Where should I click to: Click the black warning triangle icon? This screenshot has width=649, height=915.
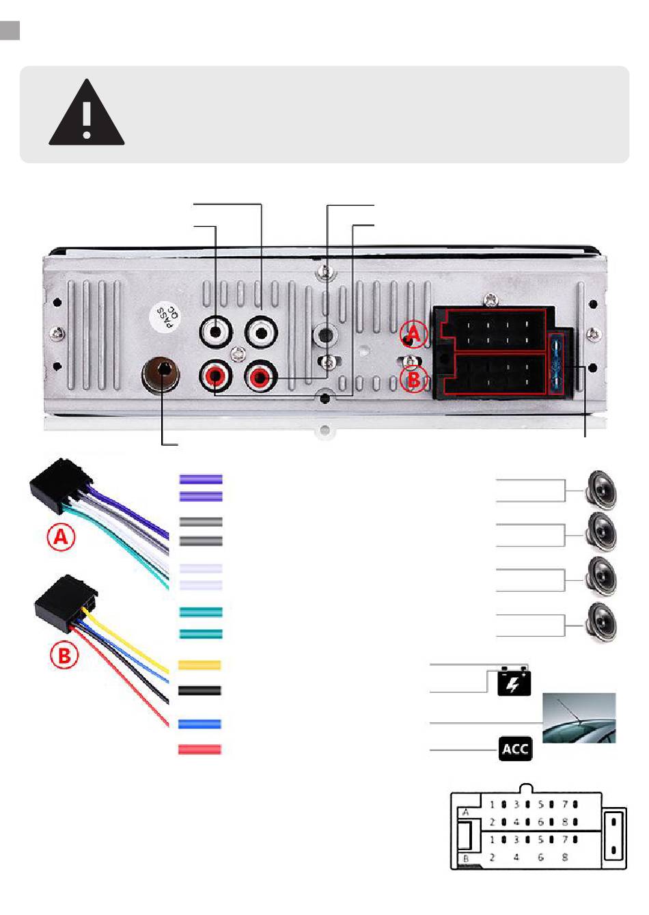coord(86,113)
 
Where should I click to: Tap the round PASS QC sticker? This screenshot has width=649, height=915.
coord(165,317)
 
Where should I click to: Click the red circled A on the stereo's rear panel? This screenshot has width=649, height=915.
coord(414,335)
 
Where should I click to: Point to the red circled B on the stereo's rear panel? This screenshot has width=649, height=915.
coord(414,379)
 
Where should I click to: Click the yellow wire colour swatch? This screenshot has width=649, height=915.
coord(199,665)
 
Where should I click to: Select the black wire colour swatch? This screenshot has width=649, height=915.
coord(199,690)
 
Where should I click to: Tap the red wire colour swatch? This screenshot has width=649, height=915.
coord(199,749)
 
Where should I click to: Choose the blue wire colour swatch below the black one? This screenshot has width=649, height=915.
coord(199,724)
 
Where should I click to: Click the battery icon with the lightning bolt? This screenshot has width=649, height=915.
coord(514,681)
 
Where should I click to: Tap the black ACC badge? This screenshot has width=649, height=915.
coord(515,749)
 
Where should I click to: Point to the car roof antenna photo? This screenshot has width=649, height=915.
coord(579,718)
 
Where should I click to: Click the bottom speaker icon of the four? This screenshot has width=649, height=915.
coord(600,624)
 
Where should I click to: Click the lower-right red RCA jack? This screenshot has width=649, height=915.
coord(261,376)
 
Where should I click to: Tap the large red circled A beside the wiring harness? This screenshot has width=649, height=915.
coord(61,536)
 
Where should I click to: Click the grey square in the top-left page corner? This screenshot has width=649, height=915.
coord(10,30)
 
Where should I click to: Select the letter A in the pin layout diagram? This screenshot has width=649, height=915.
coord(465,812)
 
